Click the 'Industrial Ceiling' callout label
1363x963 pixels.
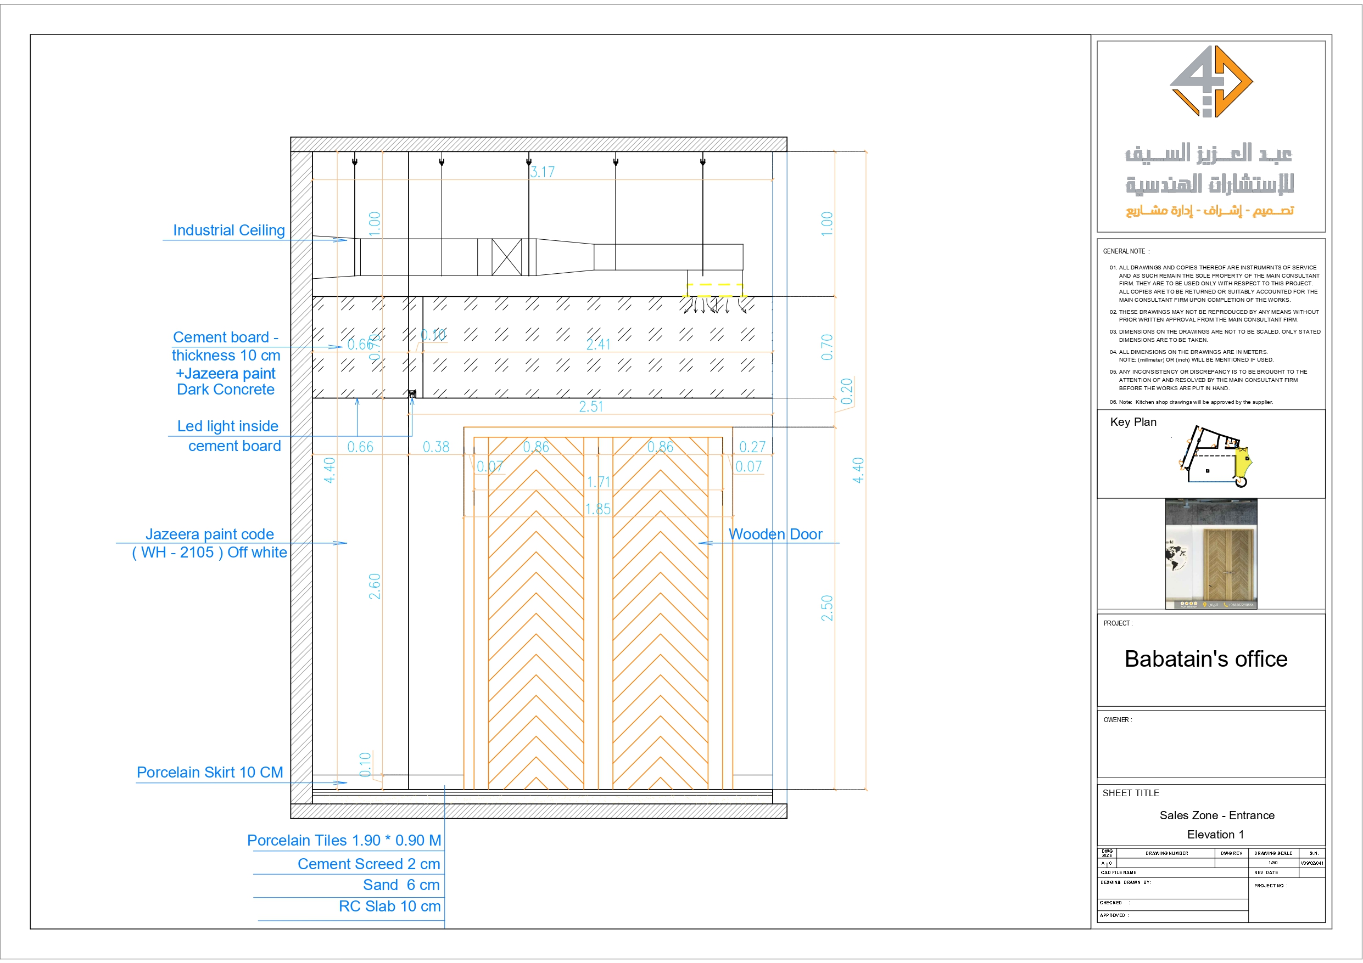point(228,230)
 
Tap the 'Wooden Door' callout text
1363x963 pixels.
point(775,534)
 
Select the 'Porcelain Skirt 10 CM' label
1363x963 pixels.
point(210,772)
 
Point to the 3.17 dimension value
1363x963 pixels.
point(542,172)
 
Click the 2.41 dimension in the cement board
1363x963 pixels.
point(598,344)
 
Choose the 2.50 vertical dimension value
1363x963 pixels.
point(826,608)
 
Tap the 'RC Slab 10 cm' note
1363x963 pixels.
point(389,906)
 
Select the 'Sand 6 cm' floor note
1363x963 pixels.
point(401,885)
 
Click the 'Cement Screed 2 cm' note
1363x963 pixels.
point(368,864)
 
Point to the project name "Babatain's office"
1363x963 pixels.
point(1206,659)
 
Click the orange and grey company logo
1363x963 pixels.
point(1211,82)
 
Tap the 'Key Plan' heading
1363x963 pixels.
point(1133,422)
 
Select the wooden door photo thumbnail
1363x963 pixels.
point(1211,554)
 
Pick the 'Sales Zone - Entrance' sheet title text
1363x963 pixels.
point(1216,815)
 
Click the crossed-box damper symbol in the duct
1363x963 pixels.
point(506,257)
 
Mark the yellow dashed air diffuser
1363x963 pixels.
point(716,290)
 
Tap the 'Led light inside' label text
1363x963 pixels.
point(227,426)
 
